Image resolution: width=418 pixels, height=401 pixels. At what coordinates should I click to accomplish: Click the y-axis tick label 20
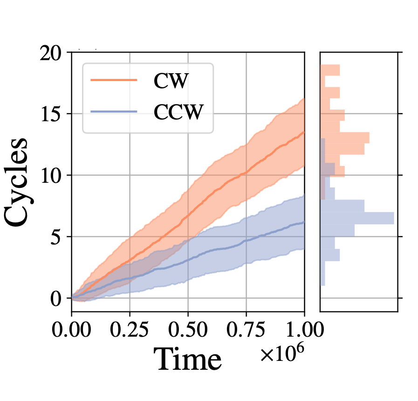pos(51,54)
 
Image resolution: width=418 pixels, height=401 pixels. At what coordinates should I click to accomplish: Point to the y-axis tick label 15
pos(51,114)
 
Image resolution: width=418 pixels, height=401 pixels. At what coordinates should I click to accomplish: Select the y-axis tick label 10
pos(51,175)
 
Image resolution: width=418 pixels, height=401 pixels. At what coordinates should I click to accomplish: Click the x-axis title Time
pos(188,360)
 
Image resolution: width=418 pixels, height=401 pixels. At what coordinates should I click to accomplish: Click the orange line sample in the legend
pos(114,81)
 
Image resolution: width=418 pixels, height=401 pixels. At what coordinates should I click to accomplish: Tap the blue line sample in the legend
pos(114,111)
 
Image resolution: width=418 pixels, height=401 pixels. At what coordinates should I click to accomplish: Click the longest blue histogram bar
pos(357,218)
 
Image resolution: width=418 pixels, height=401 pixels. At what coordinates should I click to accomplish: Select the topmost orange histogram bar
pos(330,70)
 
